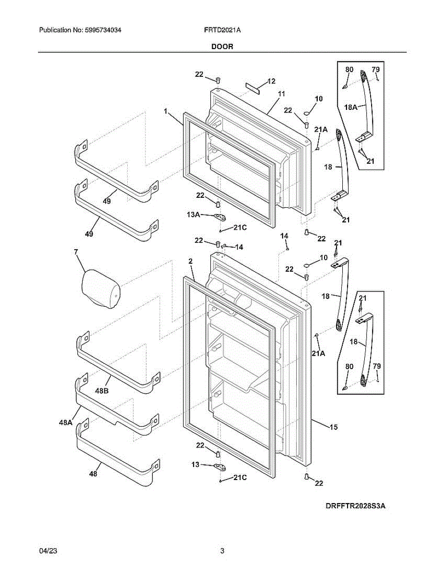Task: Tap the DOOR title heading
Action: [222, 47]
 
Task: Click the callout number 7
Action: [76, 252]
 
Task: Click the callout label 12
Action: [271, 81]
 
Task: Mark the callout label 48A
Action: [66, 422]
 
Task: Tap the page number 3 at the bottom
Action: [222, 552]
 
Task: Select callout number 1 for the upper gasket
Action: [165, 111]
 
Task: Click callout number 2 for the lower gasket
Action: [191, 262]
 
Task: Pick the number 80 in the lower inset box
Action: [349, 367]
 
